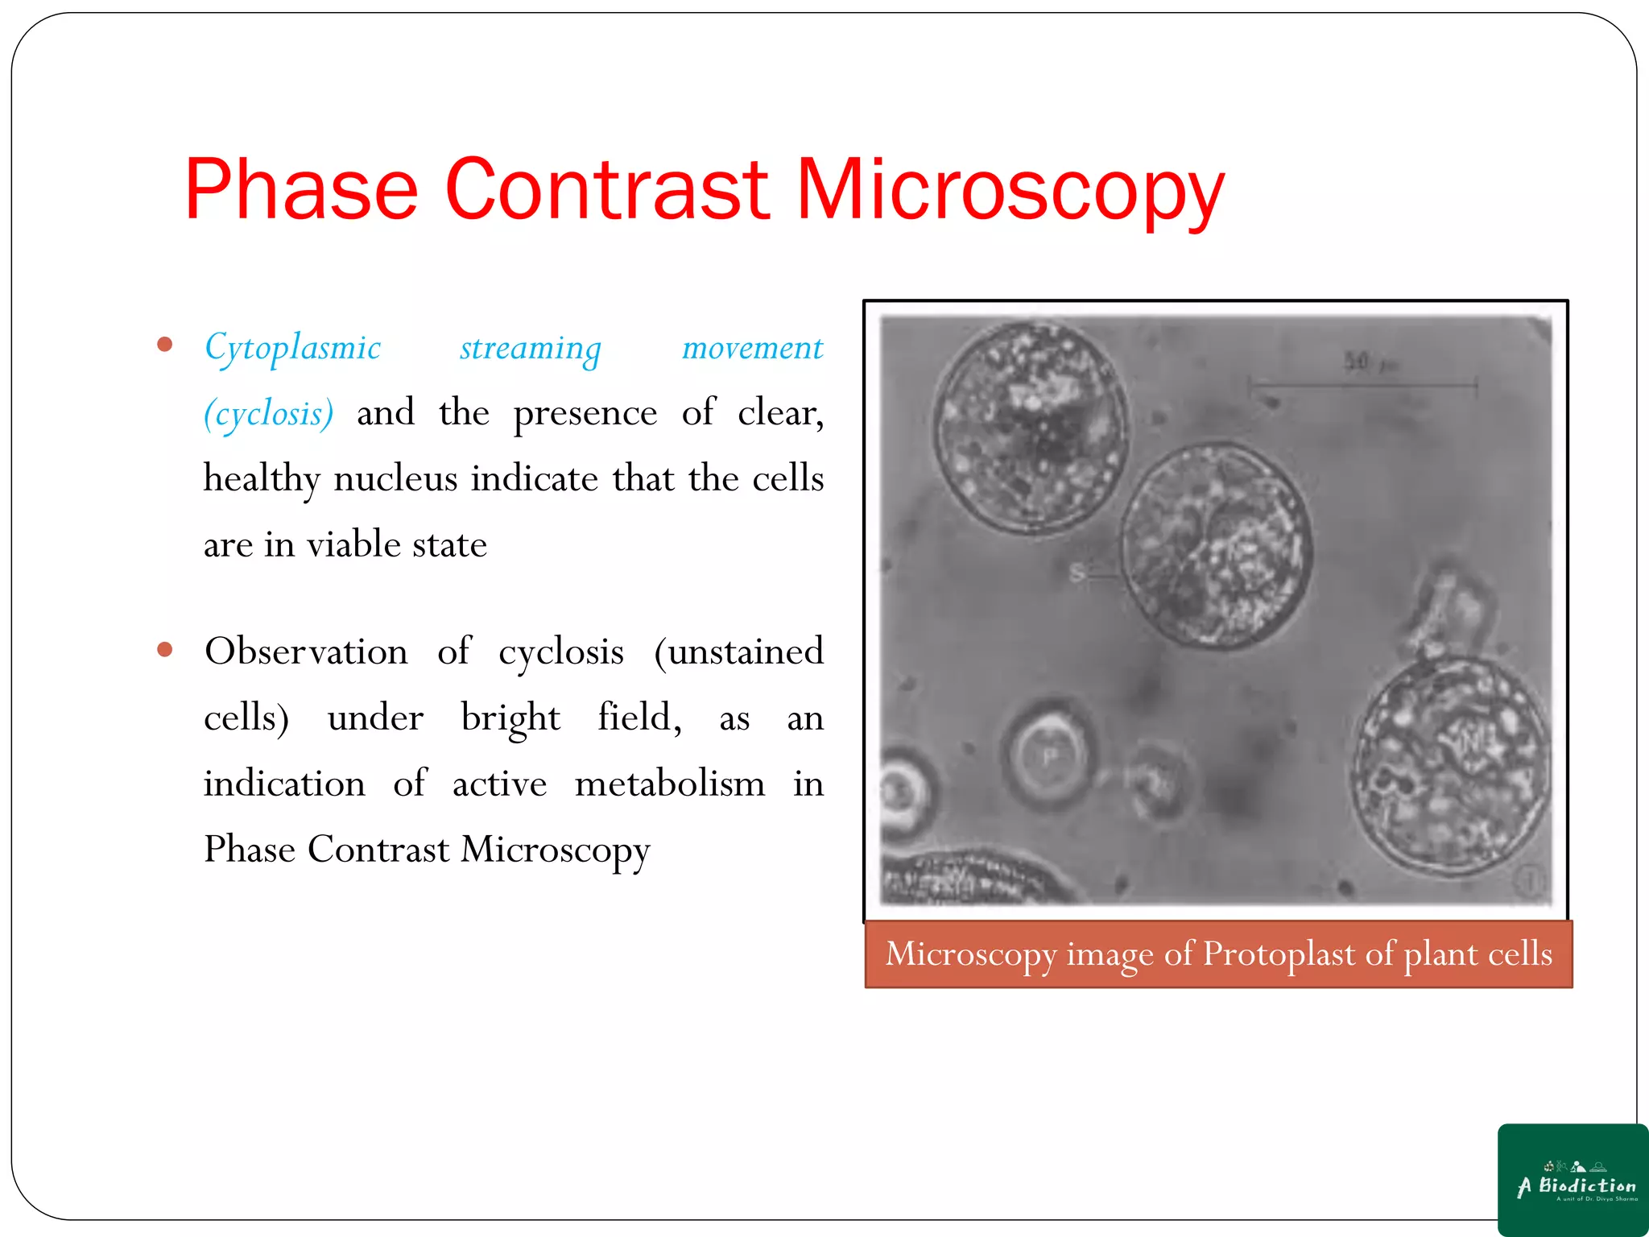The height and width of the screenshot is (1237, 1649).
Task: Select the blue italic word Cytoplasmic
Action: (x=292, y=348)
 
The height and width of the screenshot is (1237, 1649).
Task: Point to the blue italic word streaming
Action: (x=531, y=348)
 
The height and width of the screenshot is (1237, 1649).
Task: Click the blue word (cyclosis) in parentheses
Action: (x=268, y=414)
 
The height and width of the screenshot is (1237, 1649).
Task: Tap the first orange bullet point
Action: (x=165, y=345)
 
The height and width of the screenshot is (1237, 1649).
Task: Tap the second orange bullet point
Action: (x=165, y=650)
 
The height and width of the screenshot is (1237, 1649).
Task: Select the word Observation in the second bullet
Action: (x=306, y=652)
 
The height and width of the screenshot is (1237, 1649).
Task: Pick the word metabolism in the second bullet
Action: (x=670, y=784)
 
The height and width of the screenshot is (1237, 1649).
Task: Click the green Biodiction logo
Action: (x=1573, y=1179)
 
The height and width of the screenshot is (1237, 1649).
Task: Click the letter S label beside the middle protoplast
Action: (x=1077, y=573)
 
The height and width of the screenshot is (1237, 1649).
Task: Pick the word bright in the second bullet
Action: (x=510, y=718)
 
